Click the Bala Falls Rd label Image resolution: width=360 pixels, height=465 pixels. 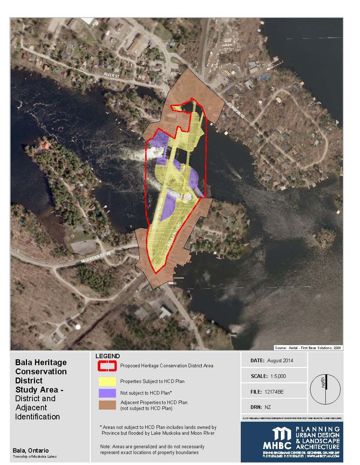click(174, 234)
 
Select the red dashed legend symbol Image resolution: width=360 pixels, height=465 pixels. click(107, 365)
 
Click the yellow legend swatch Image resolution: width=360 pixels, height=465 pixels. click(107, 381)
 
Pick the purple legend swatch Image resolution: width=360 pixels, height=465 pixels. click(107, 393)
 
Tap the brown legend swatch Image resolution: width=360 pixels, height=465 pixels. click(107, 405)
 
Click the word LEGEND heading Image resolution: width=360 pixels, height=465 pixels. click(107, 356)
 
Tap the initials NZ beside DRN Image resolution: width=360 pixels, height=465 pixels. click(267, 407)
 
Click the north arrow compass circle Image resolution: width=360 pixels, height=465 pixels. click(325, 389)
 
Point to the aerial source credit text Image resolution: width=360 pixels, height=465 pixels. click(308, 348)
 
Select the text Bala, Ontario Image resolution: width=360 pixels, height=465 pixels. click(31, 450)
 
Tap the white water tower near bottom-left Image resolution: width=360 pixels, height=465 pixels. click(77, 326)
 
